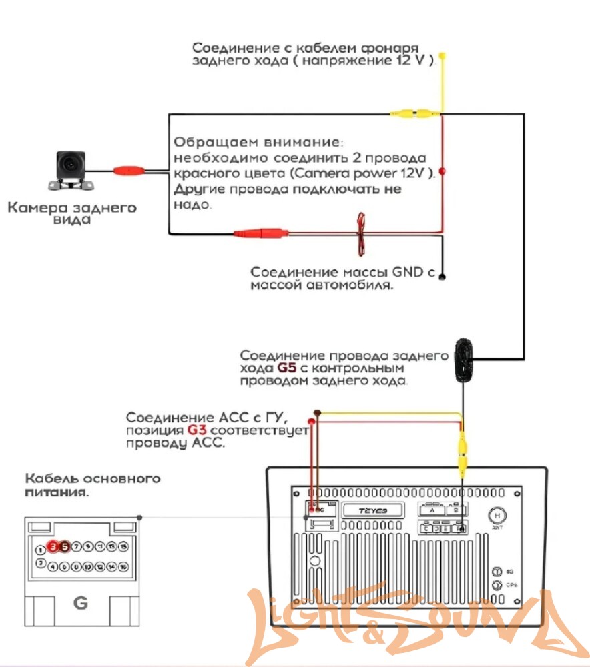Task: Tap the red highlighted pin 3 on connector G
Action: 53,546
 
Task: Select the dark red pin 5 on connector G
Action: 64,546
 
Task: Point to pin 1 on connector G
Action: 41,550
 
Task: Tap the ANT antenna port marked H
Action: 497,516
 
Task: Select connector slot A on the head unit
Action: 432,510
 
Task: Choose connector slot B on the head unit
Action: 455,510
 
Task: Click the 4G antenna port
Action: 497,572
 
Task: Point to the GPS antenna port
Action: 497,586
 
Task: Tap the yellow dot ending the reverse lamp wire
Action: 442,56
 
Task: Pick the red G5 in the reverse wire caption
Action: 285,368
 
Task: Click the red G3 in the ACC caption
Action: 198,430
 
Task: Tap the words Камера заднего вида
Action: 72,213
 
